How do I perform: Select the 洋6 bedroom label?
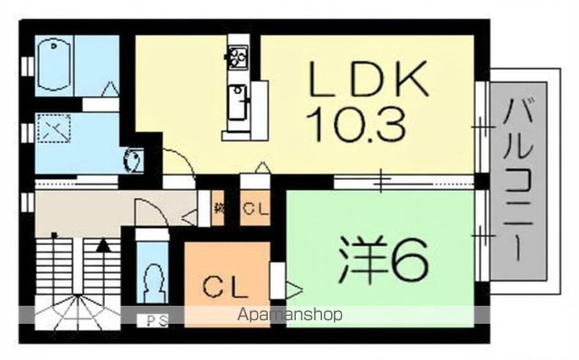coord(384,261)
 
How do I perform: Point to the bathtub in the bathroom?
coord(56,64)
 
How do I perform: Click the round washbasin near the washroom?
coord(130,160)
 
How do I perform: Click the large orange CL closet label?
coord(219,289)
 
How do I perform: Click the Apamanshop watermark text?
coord(289,316)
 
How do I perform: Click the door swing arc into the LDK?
coord(178,163)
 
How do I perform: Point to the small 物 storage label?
coord(219,209)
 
